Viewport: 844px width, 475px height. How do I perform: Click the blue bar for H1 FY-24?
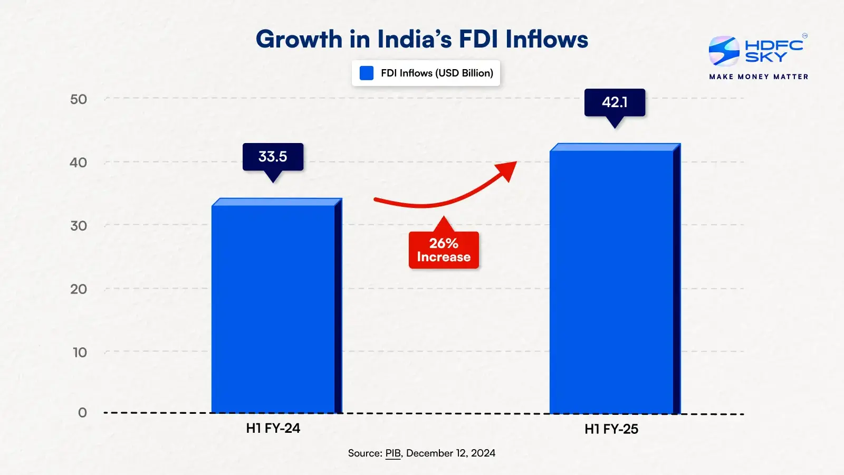coord(273,309)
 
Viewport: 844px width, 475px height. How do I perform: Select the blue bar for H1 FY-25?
coord(612,282)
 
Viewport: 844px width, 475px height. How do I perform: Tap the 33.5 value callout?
coord(273,157)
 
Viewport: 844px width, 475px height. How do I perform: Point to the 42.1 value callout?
coord(615,102)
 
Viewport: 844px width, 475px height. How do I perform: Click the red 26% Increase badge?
coord(444,250)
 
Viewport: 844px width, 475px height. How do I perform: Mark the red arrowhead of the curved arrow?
coord(507,169)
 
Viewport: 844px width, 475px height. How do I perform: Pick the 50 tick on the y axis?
coord(79,99)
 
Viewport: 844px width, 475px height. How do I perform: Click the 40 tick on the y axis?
coord(79,163)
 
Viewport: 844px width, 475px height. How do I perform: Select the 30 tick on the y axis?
coord(79,226)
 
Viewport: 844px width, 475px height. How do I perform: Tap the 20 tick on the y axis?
coord(79,289)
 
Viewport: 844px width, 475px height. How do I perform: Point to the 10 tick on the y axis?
coord(80,353)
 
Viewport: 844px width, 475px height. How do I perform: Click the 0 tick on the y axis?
coord(82,413)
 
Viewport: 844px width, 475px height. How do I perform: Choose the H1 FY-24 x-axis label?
coord(273,429)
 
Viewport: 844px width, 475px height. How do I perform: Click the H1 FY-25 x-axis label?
coord(611,430)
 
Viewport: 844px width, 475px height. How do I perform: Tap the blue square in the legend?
coord(367,73)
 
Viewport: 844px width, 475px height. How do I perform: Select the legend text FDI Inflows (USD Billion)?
coord(437,73)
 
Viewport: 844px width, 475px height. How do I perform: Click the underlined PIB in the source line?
coord(393,453)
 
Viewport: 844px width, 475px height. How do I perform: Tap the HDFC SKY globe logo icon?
coord(724,51)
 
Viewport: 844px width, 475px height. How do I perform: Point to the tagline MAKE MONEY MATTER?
coord(759,77)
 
